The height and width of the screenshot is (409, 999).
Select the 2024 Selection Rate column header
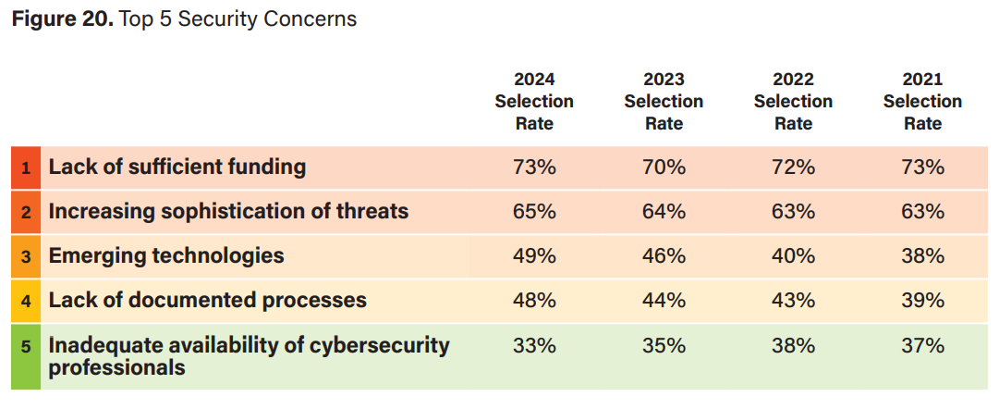pyautogui.click(x=534, y=101)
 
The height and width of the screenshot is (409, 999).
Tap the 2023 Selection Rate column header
pyautogui.click(x=664, y=101)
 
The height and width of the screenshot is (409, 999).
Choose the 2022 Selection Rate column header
pyautogui.click(x=793, y=101)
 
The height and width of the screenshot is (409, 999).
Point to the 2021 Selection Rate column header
pyautogui.click(x=922, y=101)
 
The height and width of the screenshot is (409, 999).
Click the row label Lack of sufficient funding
pyautogui.click(x=177, y=167)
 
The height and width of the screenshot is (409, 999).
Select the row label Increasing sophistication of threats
pyautogui.click(x=228, y=212)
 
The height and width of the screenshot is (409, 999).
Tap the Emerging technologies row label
pyautogui.click(x=166, y=256)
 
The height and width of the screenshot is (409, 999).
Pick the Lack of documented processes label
pyautogui.click(x=207, y=301)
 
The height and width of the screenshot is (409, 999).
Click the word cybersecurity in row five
pyautogui.click(x=374, y=346)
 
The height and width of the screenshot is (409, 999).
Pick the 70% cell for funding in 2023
pyautogui.click(x=664, y=167)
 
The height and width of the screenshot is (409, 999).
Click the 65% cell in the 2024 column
pyautogui.click(x=534, y=212)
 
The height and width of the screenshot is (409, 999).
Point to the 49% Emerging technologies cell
pyautogui.click(x=534, y=256)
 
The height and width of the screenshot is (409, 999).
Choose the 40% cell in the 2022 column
pyautogui.click(x=793, y=256)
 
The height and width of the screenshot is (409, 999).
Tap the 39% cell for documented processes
pyautogui.click(x=922, y=301)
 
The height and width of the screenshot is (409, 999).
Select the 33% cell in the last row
pyautogui.click(x=534, y=346)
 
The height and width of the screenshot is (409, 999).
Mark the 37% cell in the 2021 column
pyautogui.click(x=922, y=346)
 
